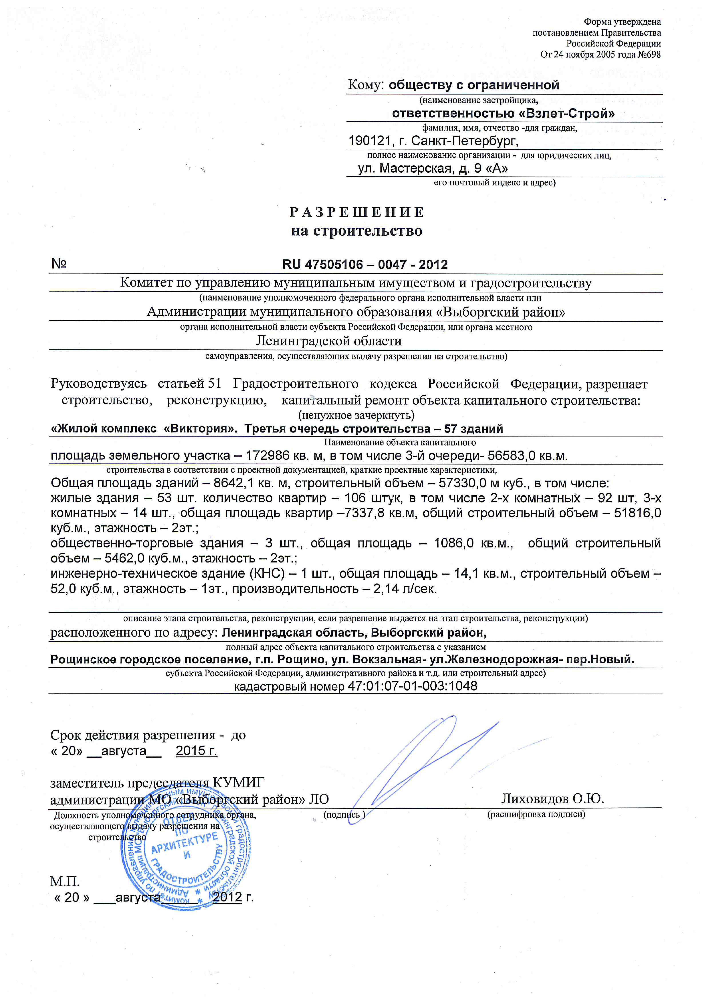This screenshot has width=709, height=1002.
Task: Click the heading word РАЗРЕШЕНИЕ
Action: pos(357,212)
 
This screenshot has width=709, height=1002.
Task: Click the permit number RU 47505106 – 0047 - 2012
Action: pos(365,265)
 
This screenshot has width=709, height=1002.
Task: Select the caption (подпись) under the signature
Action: pos(344,814)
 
